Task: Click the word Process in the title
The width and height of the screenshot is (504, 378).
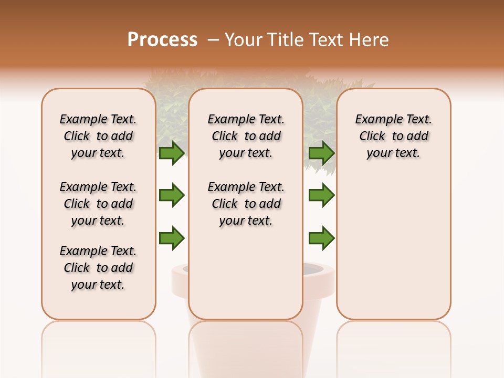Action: pos(162,40)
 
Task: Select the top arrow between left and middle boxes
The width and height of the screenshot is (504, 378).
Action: pos(172,153)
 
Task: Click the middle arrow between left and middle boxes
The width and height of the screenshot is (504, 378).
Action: pos(172,195)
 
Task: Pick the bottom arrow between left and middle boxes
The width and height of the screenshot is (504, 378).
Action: pos(172,238)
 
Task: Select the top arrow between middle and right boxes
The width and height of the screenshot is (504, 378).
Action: pos(321,153)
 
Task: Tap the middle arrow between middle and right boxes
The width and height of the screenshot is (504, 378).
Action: pos(321,195)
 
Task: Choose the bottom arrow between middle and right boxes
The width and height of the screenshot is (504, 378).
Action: pos(321,238)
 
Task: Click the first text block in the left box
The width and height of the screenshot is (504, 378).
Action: pos(98,136)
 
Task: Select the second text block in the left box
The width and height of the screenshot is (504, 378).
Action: pos(98,204)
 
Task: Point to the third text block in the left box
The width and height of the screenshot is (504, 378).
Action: pos(98,268)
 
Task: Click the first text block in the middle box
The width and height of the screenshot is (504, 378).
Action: pos(246,136)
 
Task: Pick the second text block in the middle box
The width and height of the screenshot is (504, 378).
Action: pos(246,204)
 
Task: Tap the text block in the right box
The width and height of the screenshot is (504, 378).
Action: pos(394,136)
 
